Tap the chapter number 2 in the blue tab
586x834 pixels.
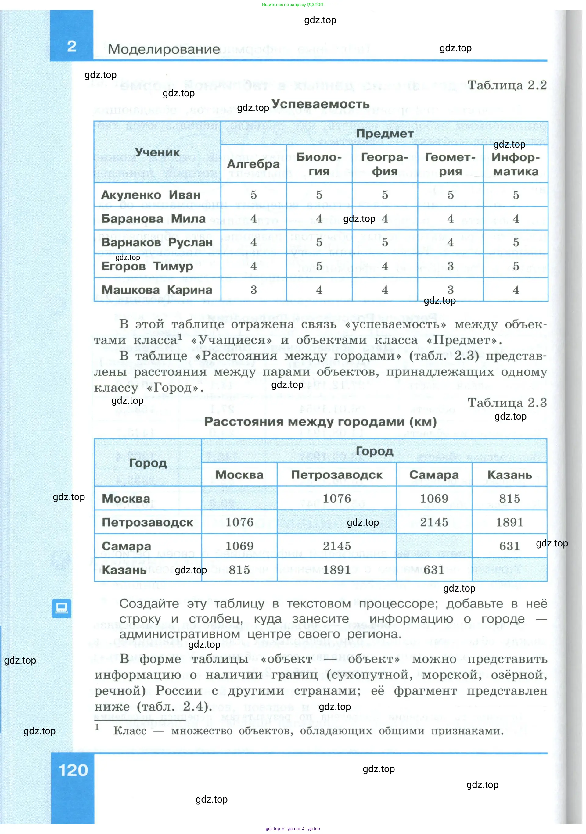click(x=72, y=46)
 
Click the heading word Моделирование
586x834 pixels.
click(x=164, y=49)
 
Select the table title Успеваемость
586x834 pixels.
click(x=320, y=104)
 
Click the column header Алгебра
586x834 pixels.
click(x=253, y=164)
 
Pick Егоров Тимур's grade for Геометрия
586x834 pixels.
click(x=450, y=266)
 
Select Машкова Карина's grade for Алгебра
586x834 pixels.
click(x=253, y=290)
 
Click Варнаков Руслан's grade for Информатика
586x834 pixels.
click(x=516, y=242)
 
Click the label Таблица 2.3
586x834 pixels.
click(x=507, y=403)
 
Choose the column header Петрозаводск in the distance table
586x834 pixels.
click(x=336, y=475)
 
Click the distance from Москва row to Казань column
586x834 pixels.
click(x=509, y=498)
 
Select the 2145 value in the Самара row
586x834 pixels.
click(x=336, y=546)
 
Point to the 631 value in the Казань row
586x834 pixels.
click(x=434, y=570)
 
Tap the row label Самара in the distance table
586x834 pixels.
click(x=126, y=546)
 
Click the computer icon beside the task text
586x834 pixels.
click(x=61, y=608)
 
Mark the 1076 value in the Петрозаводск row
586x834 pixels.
click(x=239, y=522)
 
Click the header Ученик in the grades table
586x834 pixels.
click(x=157, y=152)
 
